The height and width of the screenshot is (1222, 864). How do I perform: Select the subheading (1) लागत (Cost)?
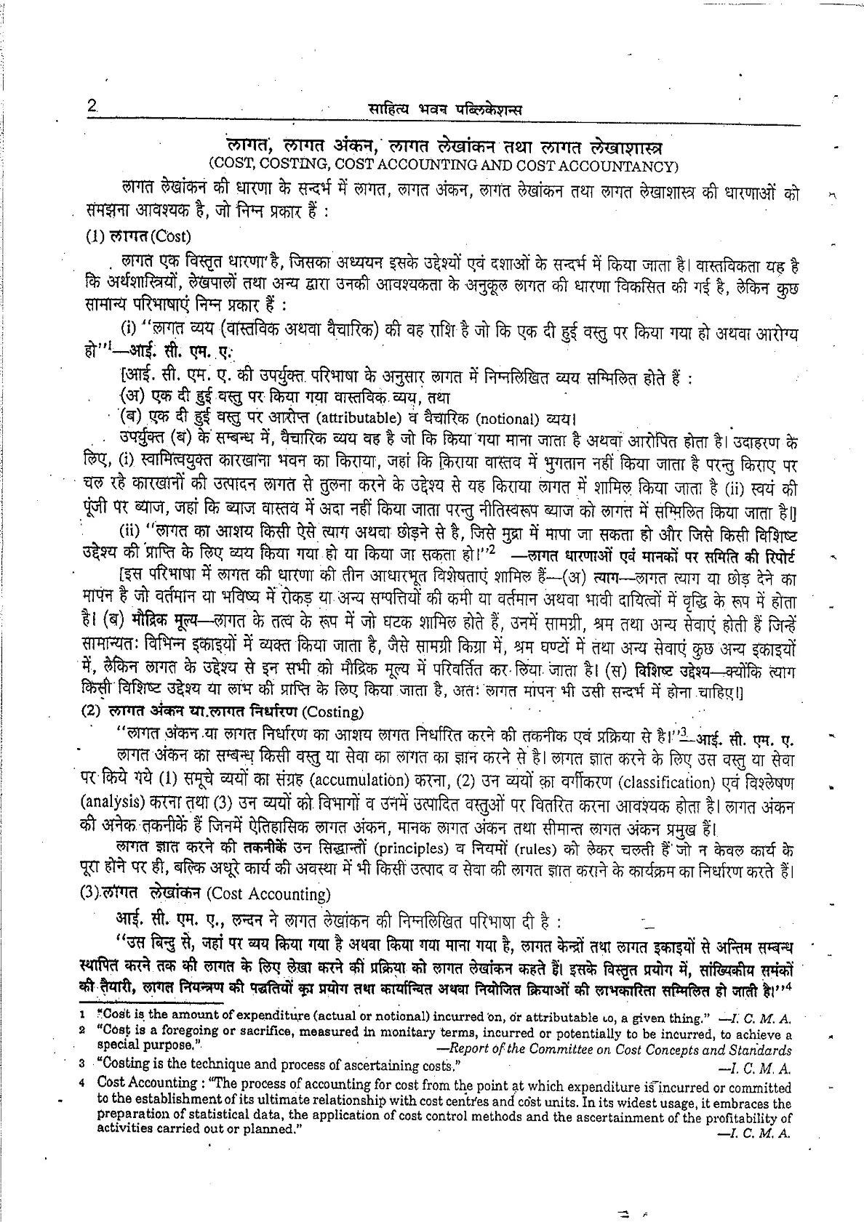tap(137, 236)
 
